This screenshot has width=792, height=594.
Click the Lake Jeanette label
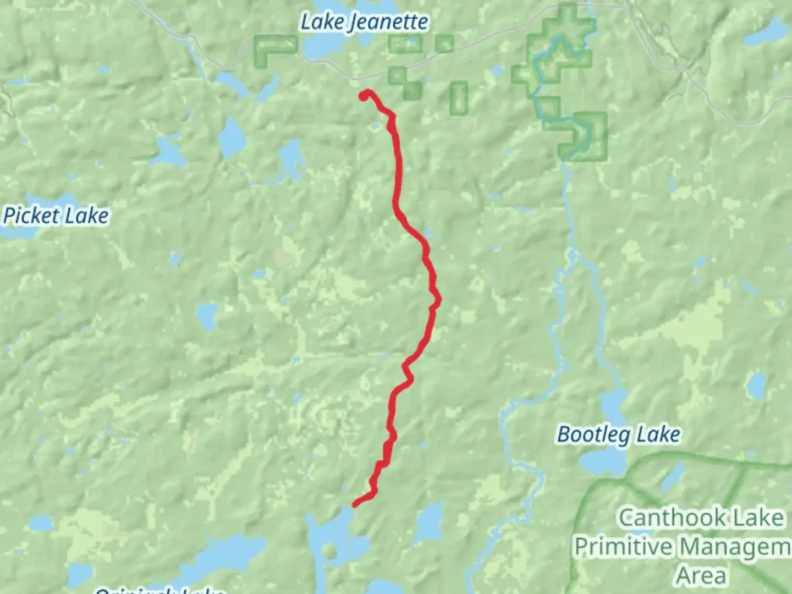[364, 22]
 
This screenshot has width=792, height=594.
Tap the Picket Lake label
[56, 216]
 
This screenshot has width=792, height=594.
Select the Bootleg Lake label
[618, 435]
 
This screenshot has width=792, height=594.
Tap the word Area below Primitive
[701, 576]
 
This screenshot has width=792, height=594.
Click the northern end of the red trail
[364, 96]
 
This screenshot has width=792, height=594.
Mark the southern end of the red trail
[355, 504]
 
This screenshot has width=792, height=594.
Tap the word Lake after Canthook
[756, 518]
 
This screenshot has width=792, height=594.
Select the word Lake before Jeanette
[322, 22]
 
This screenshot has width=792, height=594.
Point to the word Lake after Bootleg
[658, 435]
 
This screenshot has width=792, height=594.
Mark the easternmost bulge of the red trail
[438, 300]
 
